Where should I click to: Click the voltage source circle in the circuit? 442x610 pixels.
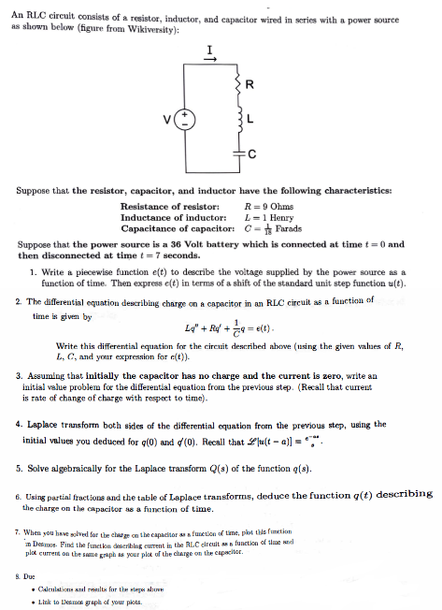tap(185, 120)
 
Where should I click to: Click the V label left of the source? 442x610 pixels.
tap(167, 119)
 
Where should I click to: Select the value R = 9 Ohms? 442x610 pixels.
tap(272, 206)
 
